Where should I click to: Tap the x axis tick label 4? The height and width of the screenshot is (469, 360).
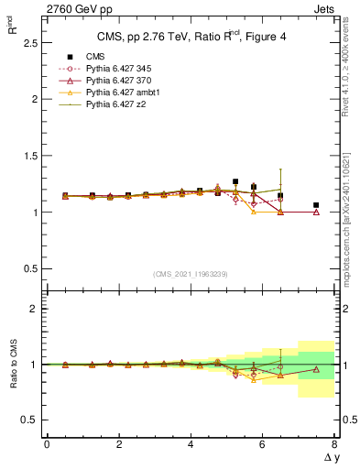(x=191, y=444)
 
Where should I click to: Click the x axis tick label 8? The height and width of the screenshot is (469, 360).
(x=334, y=444)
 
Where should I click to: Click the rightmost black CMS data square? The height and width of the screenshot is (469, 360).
(x=316, y=205)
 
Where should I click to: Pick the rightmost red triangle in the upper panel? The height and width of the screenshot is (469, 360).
(x=316, y=212)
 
